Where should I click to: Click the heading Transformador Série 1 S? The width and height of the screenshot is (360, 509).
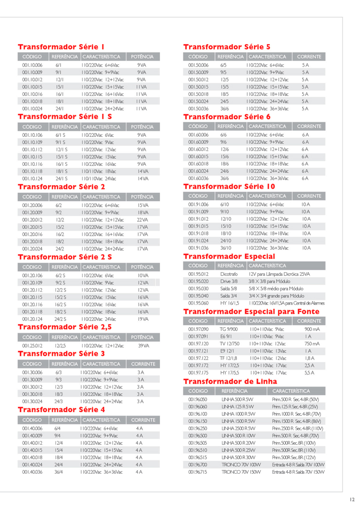(65, 116)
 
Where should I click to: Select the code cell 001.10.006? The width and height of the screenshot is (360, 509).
(31, 65)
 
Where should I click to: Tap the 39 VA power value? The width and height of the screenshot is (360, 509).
(143, 345)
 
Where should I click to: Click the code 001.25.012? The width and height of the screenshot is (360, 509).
(31, 345)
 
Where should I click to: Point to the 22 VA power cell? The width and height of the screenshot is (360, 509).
(143, 219)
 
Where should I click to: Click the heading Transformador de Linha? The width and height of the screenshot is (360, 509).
(230, 381)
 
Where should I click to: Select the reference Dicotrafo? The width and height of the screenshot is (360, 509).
(229, 274)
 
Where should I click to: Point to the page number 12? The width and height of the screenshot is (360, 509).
(352, 499)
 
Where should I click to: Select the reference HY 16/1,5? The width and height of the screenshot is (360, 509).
(230, 303)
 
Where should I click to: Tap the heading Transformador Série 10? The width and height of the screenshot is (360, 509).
(229, 187)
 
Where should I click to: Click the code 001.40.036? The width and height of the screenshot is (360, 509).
(31, 471)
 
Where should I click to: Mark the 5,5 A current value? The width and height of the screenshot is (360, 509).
(309, 372)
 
